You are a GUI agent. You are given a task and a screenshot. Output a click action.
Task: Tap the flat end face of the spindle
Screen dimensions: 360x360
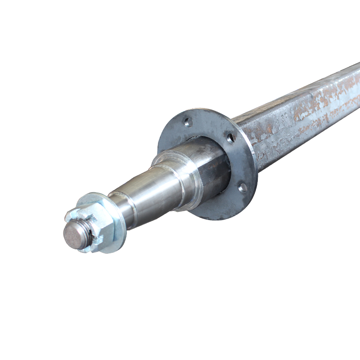pyautogui.click(x=74, y=234)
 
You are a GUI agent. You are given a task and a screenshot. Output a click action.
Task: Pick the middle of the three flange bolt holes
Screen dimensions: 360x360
pyautogui.click(x=231, y=138)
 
